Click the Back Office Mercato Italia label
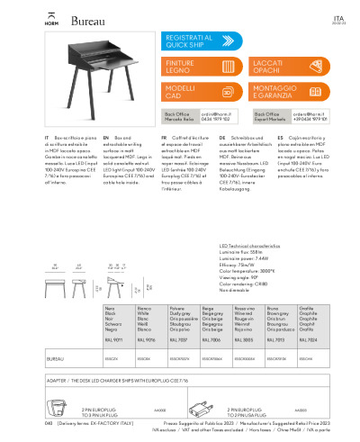pyautogui.click(x=180, y=116)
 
